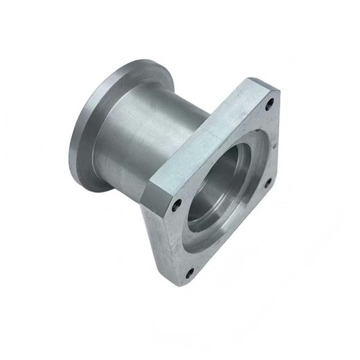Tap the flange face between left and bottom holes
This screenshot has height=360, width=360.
pyautogui.click(x=179, y=239)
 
